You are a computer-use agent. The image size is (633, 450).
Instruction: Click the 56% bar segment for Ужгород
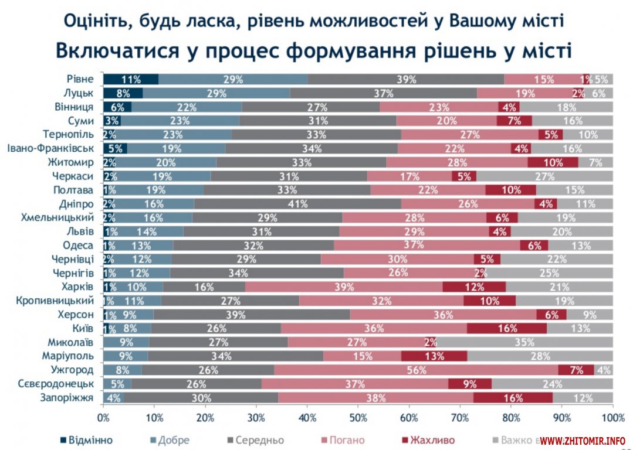pos(416,370)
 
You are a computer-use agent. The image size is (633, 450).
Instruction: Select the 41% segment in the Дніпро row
pos(297,204)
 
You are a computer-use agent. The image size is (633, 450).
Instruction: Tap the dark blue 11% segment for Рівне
pos(131,80)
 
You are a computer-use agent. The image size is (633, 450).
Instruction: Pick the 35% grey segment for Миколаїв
pos(524,342)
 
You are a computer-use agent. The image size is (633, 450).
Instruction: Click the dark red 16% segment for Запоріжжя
pos(513,398)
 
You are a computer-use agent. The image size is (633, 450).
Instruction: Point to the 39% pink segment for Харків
pos(344,287)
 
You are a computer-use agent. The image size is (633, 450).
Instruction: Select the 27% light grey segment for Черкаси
pos(544,176)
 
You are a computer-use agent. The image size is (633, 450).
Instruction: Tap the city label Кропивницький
pos(52,301)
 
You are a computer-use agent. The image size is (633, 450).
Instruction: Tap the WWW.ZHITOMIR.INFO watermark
pos(582,441)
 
